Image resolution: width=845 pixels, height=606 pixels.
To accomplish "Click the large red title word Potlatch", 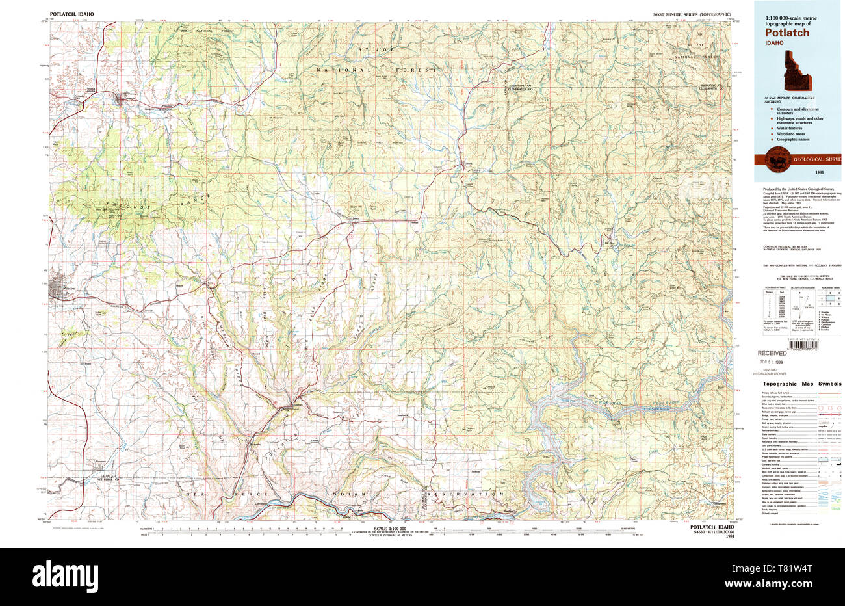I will coord(786,33).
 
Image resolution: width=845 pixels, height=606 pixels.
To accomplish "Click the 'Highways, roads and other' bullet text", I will coord(799,118).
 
